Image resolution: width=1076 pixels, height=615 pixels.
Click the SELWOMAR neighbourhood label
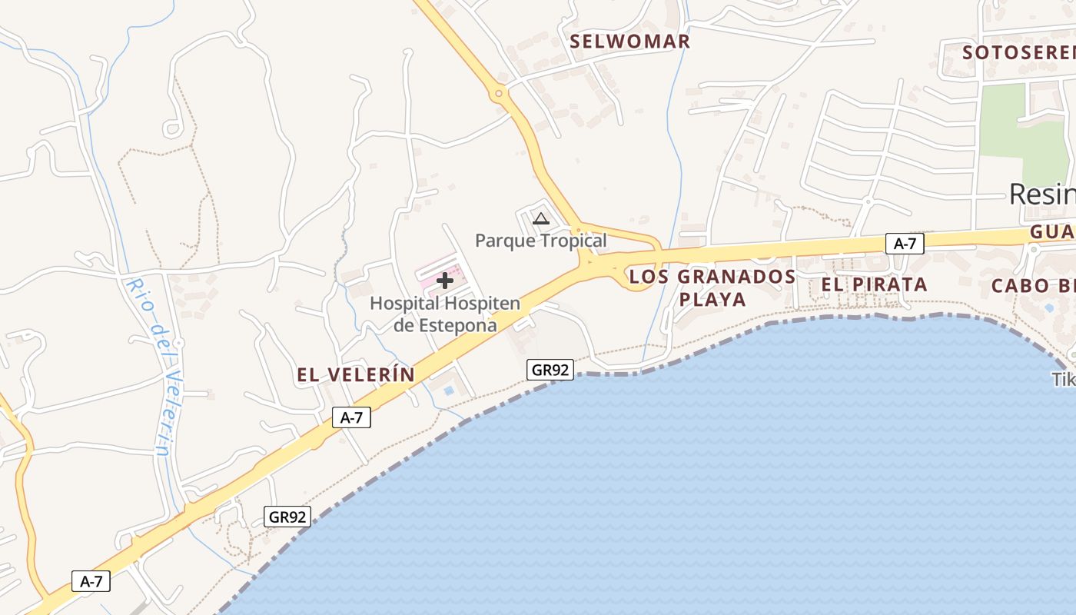point(629,42)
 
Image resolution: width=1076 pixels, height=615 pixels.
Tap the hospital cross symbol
point(445,281)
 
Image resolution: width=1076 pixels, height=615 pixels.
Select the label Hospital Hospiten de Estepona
point(445,314)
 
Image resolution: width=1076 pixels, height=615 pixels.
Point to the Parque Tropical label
point(540,241)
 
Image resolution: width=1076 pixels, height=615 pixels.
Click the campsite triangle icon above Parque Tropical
point(541,219)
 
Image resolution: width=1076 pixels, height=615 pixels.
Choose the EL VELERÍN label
point(356,375)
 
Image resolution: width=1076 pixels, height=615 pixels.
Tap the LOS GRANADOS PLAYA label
point(712,288)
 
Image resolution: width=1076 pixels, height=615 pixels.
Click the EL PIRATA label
point(874,284)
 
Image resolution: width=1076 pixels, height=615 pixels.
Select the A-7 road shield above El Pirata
point(905,244)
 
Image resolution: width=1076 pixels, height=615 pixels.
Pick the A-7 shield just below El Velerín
point(351,417)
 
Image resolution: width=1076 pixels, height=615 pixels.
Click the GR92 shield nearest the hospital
point(550,370)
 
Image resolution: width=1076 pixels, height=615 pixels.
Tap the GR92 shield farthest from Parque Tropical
point(287,517)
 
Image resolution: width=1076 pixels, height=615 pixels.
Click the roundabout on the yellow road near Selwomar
point(499,95)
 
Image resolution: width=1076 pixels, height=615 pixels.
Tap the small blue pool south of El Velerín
point(448,391)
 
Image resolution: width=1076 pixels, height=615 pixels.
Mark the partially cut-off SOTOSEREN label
point(1018,52)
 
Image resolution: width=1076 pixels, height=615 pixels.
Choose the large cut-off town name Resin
point(1041,194)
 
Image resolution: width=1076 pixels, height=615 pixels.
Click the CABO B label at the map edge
point(1033,286)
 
